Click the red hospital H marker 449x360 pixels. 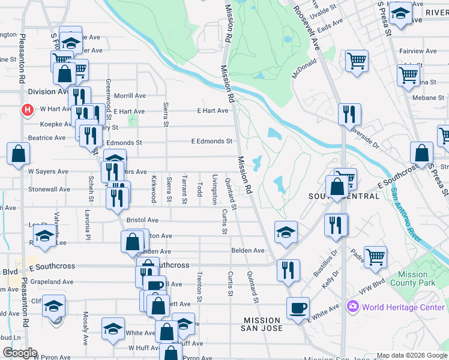[26, 110]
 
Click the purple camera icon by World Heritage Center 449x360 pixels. [352, 307]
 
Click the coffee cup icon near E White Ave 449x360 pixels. [298, 309]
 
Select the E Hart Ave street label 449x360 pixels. [213, 111]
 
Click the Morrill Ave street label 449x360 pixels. [130, 95]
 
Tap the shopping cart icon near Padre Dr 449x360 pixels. [375, 257]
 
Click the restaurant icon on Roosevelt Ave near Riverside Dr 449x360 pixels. [349, 113]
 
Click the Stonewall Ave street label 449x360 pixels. [49, 189]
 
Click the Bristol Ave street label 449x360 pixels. [143, 220]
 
